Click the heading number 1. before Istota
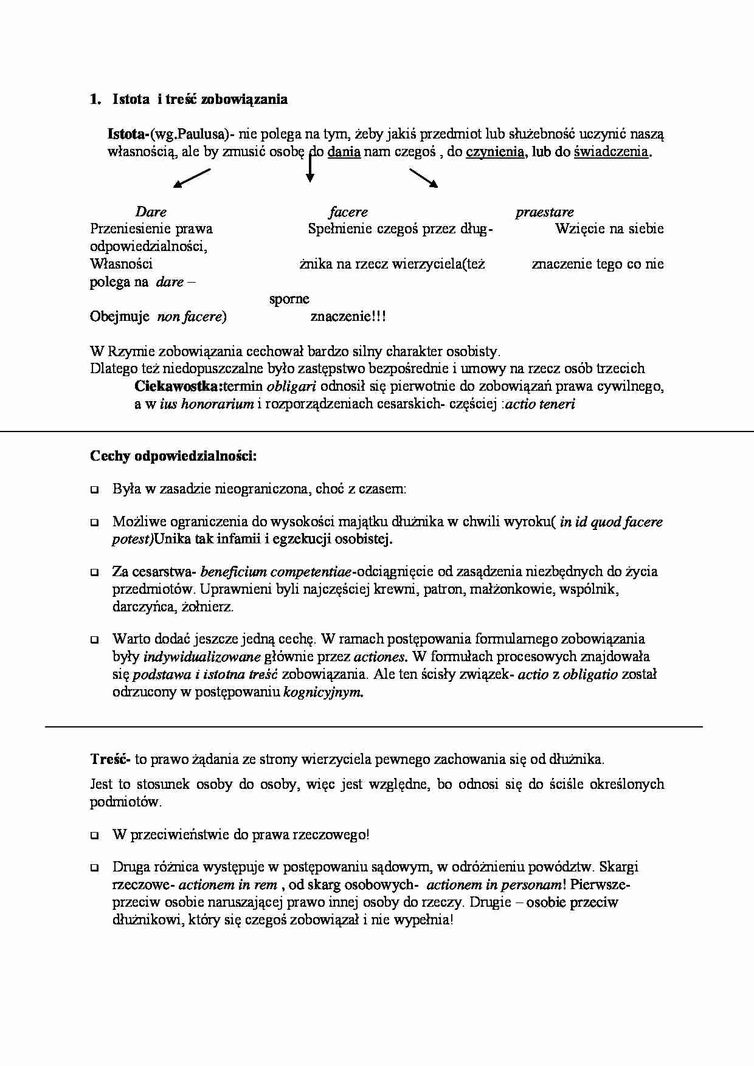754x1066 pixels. coord(95,100)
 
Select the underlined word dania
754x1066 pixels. coord(344,152)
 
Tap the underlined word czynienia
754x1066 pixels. coord(495,152)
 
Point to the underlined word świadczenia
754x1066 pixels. coord(610,152)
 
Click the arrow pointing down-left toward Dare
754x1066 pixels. coord(192,178)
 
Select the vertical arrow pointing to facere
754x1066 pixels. coord(310,167)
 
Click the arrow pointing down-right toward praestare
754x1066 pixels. coord(423,178)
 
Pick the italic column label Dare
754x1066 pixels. coord(151,212)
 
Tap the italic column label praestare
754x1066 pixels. coord(544,212)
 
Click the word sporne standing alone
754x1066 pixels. coord(289,299)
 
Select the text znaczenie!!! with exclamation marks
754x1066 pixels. coord(348,317)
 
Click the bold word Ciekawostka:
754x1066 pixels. coord(179,387)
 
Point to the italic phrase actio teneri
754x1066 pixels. coord(540,404)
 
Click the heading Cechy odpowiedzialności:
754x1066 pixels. coord(173,456)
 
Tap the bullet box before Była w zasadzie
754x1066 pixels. coord(94,489)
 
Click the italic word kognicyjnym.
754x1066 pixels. coord(323,692)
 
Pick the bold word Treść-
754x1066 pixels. coord(110,759)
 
